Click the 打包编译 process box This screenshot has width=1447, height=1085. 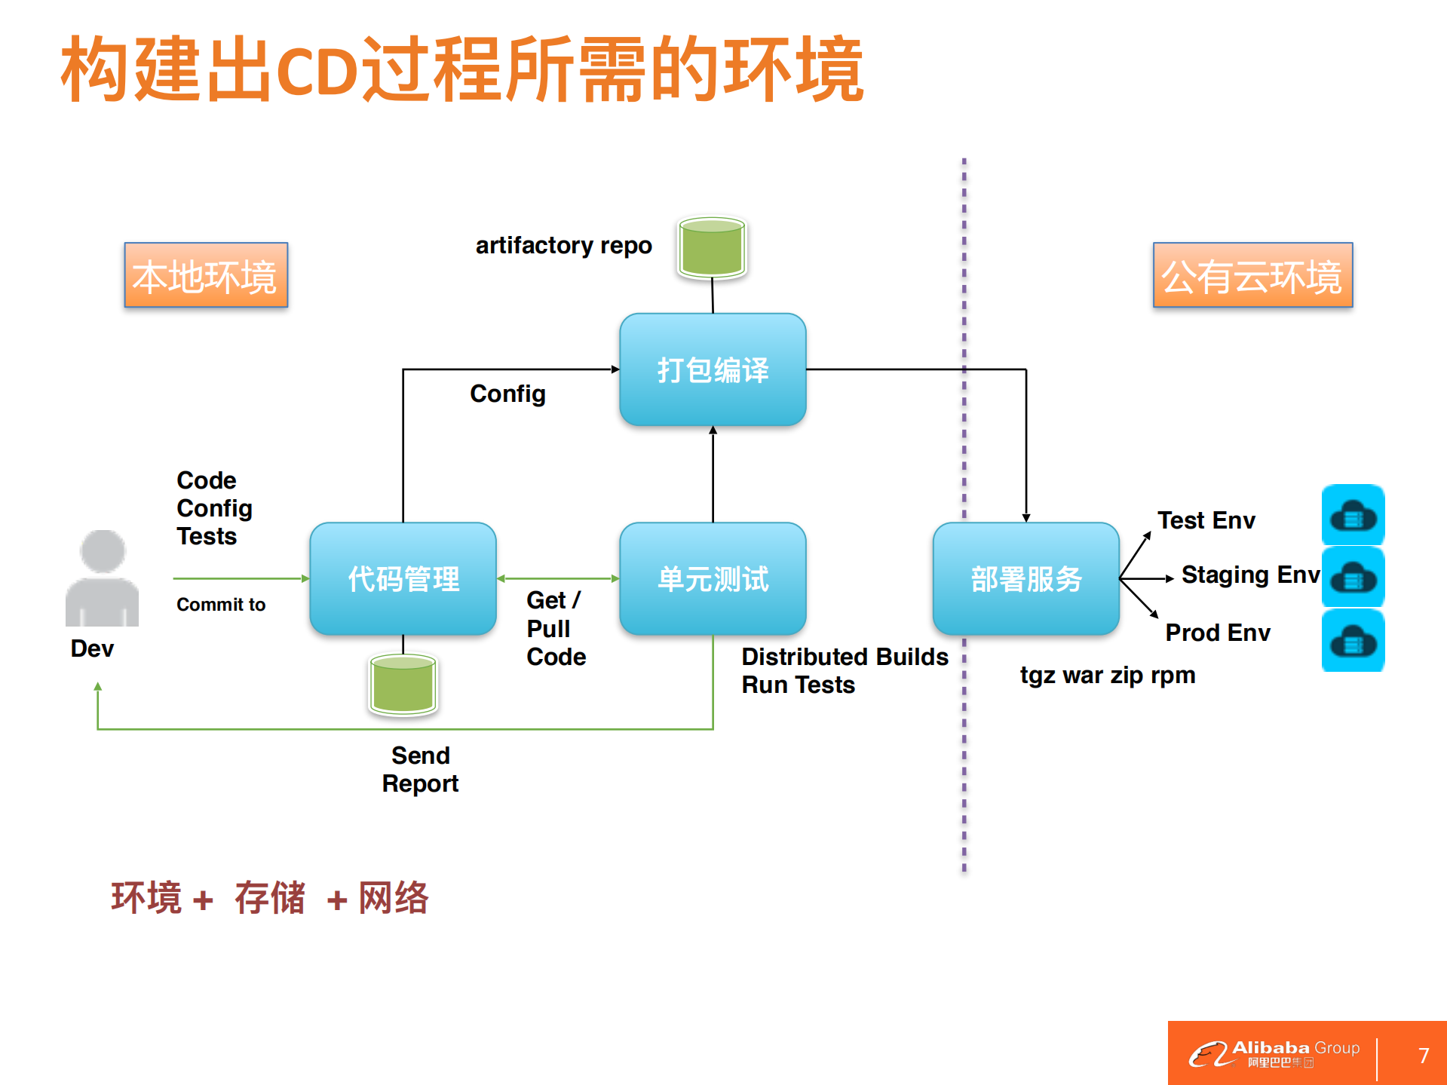(713, 369)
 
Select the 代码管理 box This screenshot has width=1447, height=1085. (403, 578)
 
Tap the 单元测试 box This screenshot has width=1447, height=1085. (713, 578)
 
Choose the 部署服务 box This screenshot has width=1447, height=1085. (1025, 578)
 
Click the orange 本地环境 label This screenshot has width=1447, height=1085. (206, 275)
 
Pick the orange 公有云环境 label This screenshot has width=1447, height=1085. (1252, 275)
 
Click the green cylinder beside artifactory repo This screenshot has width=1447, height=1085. (712, 248)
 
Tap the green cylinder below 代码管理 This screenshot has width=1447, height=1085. (403, 684)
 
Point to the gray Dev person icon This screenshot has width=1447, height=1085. (102, 578)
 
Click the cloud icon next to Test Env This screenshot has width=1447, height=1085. (1353, 516)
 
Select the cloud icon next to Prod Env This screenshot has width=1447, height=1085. (1353, 642)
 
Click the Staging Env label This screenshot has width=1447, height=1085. (1250, 575)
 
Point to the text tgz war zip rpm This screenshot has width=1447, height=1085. (1107, 675)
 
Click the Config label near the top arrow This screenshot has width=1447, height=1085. (507, 394)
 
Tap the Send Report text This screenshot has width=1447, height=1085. (420, 769)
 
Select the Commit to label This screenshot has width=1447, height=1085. (221, 605)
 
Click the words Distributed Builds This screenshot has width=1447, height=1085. (845, 657)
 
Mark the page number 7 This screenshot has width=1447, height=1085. (1423, 1055)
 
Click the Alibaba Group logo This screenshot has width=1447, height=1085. (1274, 1053)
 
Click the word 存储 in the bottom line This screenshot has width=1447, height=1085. (269, 898)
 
